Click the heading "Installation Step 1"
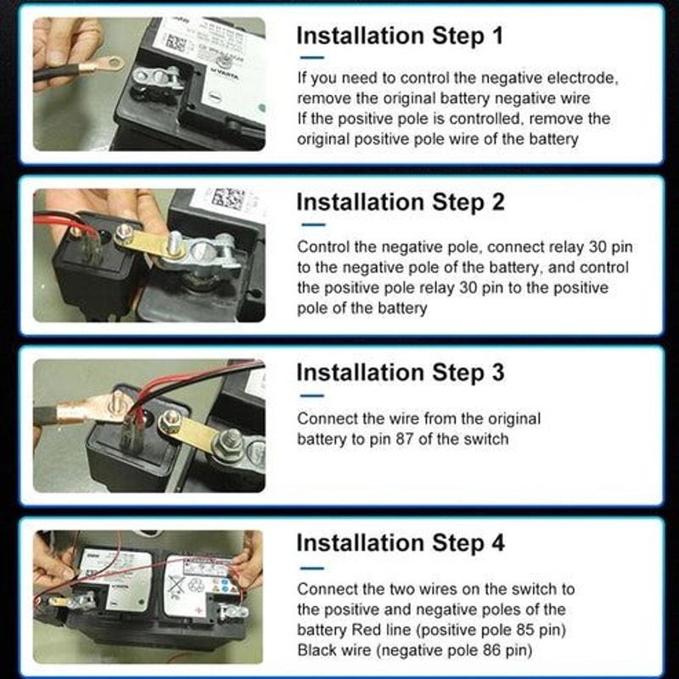pos(400,36)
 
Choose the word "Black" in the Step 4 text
pos(317,650)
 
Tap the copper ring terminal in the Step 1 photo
pos(107,63)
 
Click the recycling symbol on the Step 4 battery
pos(197,584)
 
